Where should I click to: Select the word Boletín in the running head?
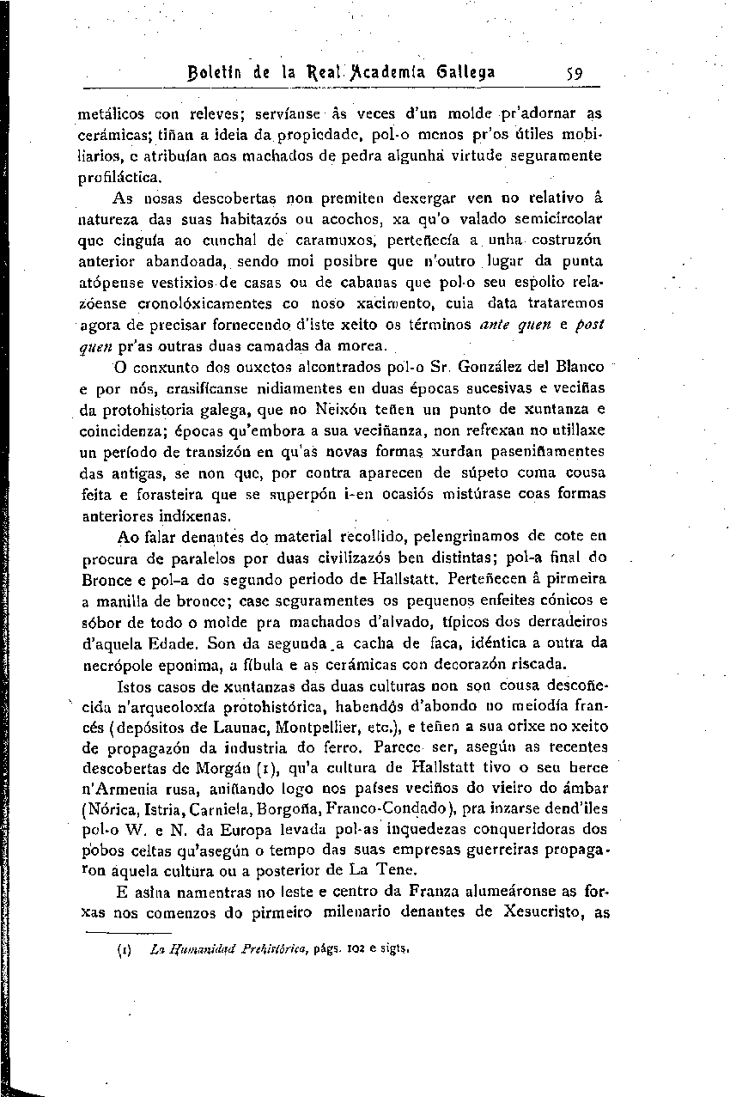coord(208,72)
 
